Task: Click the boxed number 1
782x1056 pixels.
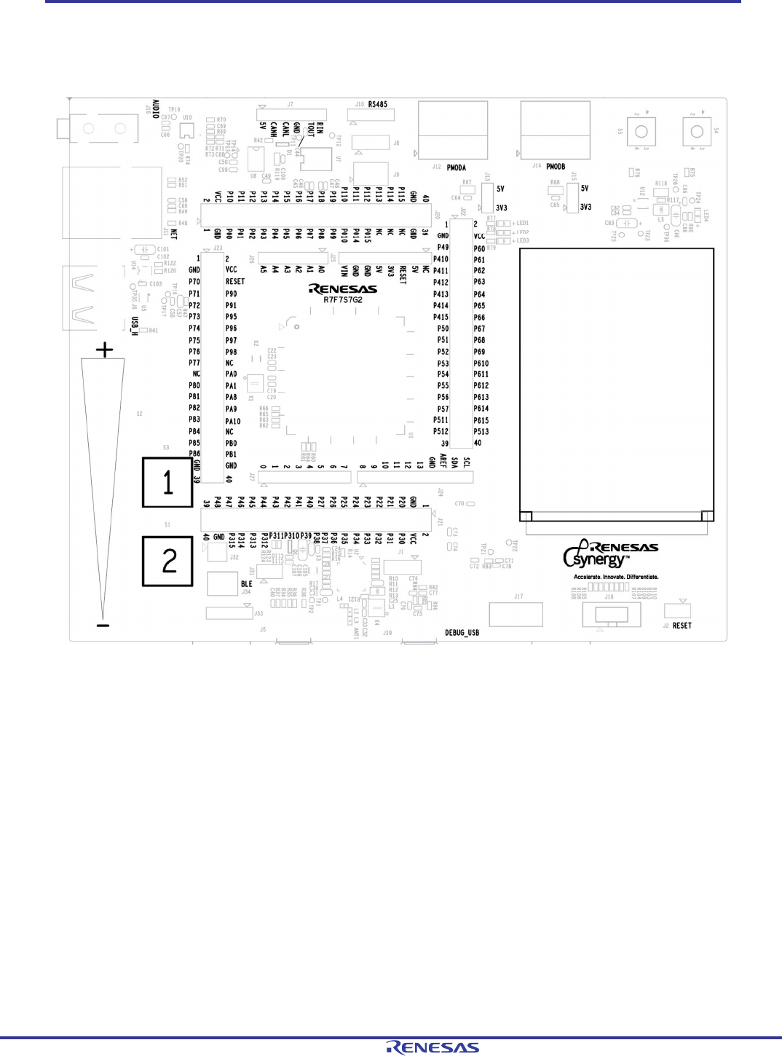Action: pos(167,482)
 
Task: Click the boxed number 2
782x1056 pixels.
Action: pos(167,561)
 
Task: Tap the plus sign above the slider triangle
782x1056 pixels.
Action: pos(105,350)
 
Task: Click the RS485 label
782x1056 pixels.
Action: pos(378,105)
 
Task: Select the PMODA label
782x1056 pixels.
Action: pos(456,168)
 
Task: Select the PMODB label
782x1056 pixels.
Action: pos(556,167)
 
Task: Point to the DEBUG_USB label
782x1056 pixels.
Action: pos(462,633)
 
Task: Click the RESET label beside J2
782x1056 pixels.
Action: pos(682,626)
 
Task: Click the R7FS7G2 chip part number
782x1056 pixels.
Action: pos(343,300)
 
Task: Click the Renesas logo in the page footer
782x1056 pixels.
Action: pos(433,1047)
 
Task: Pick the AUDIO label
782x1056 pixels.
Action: pos(155,109)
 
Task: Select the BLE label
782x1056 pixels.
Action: pos(247,584)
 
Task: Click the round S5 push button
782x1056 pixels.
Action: pos(641,132)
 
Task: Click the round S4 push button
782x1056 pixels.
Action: pos(697,132)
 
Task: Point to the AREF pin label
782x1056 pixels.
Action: pos(443,460)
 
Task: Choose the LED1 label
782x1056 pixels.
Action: pos(522,224)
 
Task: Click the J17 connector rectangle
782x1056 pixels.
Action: pos(516,615)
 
